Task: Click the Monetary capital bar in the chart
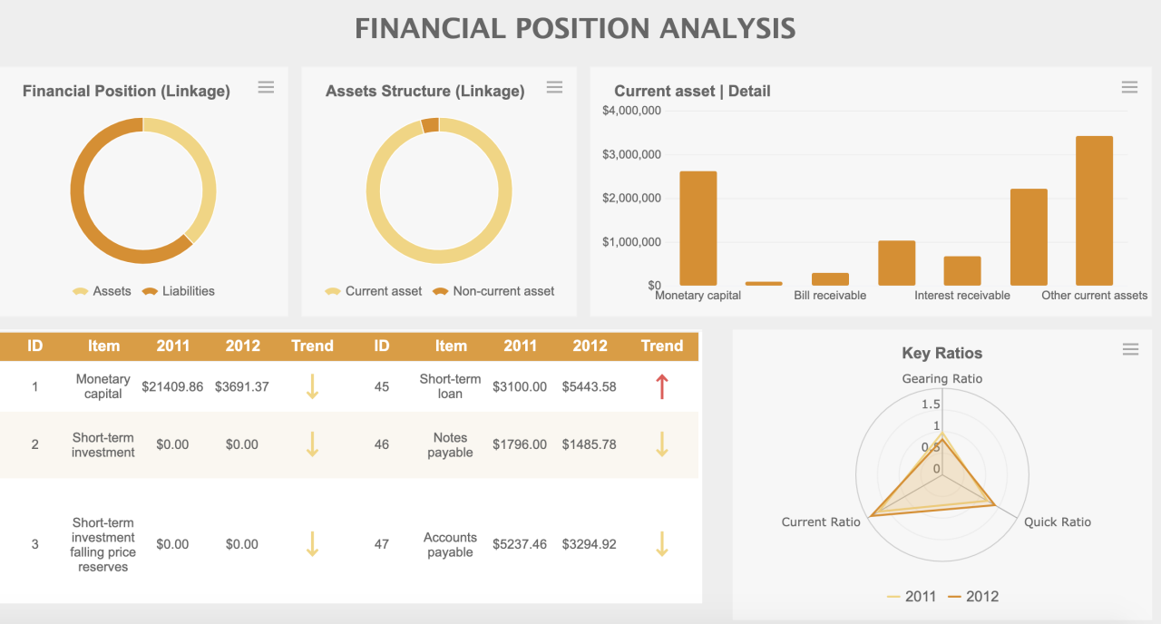pos(698,229)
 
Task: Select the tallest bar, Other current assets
pos(1094,211)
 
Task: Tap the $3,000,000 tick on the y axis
pos(631,154)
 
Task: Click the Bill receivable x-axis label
pos(829,296)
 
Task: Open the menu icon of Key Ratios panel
pos(1130,350)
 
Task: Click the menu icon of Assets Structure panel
pos(554,87)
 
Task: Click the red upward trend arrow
pos(661,386)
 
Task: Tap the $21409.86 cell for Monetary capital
pos(172,386)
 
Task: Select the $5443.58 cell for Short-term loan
pos(589,386)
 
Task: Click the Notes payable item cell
pos(450,444)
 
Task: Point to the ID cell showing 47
pos(382,544)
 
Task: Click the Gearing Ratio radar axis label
pos(941,378)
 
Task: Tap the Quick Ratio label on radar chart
pos(1057,522)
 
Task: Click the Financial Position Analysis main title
pos(575,28)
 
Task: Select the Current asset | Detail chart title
pos(692,91)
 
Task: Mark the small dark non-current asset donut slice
pos(430,125)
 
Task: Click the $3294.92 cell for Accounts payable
pos(589,544)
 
